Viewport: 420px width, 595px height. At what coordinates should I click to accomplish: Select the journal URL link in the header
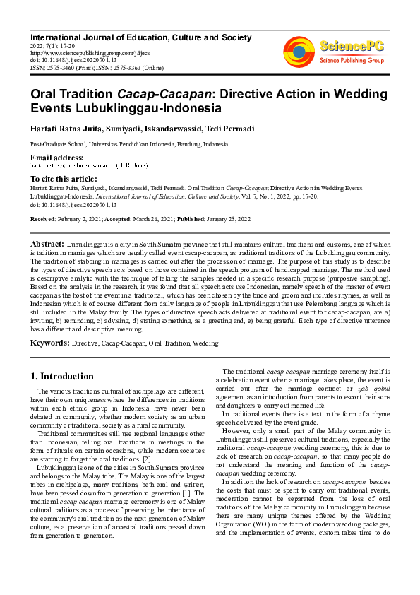coord(81,52)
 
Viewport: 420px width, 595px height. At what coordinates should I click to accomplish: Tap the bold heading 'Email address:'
coord(57,158)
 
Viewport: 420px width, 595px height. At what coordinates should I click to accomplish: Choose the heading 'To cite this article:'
coord(64,178)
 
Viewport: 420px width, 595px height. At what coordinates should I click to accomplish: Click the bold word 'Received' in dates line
coord(43,220)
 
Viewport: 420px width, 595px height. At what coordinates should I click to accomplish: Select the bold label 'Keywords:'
coord(49,343)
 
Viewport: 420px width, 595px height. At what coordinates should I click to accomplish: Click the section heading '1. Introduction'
coord(63,376)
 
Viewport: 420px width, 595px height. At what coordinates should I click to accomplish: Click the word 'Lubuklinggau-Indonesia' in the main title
coord(126,109)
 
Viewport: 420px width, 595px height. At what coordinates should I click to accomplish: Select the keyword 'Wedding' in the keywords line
coord(206,344)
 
